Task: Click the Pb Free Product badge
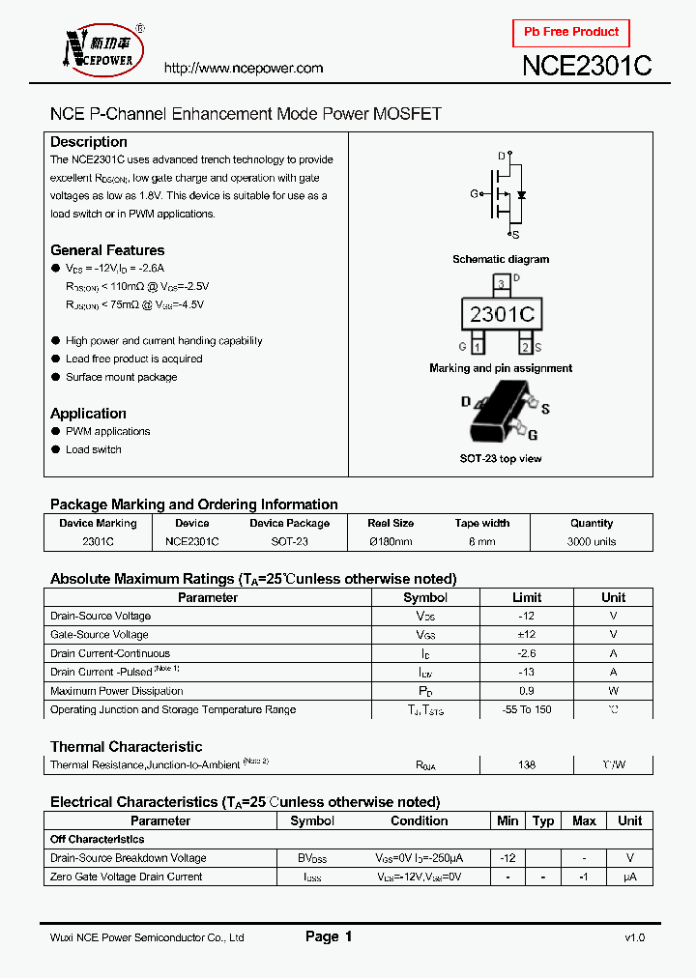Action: pos(571,33)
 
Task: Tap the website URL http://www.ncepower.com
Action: pos(244,68)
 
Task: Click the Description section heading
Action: pos(89,142)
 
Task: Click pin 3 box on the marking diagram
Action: pos(501,284)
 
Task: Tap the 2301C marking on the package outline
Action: pos(501,315)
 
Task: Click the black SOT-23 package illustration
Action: pos(502,413)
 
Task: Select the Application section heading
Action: pos(88,414)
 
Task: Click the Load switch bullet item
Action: pos(94,449)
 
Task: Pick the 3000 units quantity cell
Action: pos(592,542)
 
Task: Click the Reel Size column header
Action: pos(391,523)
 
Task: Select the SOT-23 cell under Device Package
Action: pos(289,542)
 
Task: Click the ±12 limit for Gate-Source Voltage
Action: pos(527,635)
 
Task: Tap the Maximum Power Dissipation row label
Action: pos(117,691)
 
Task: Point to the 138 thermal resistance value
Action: pos(527,764)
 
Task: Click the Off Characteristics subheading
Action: pos(98,840)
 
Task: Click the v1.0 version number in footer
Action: pos(634,937)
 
